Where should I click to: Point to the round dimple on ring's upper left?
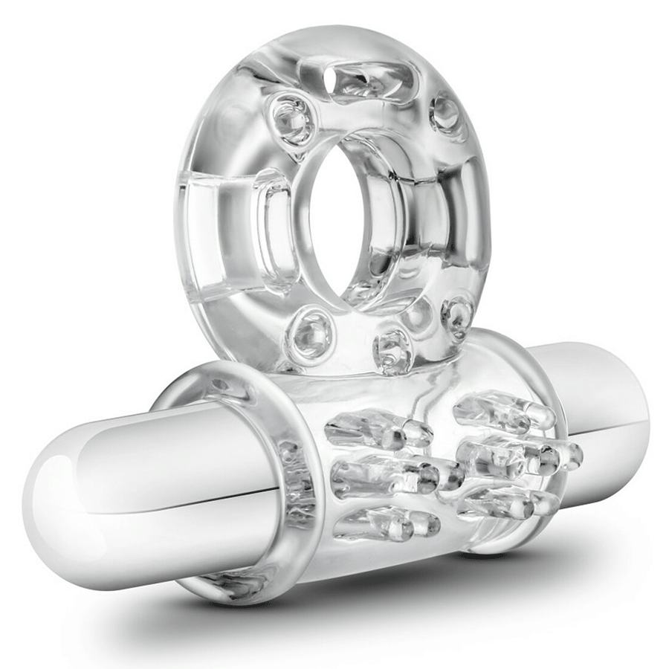point(292,120)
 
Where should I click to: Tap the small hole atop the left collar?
point(221,384)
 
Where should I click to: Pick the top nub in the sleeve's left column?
point(379,430)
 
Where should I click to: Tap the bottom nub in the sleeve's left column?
point(387,523)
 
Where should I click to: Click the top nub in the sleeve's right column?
point(505,410)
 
